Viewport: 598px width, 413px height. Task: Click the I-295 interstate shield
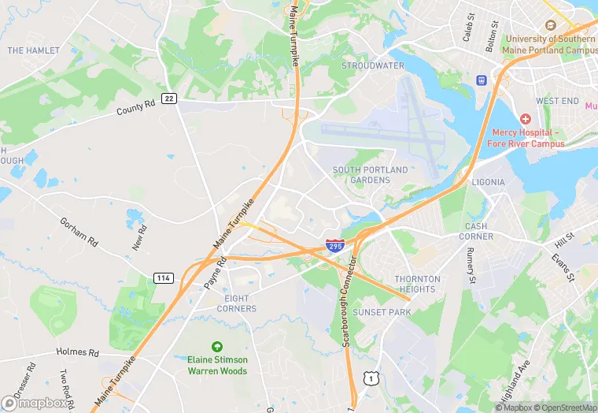(335, 246)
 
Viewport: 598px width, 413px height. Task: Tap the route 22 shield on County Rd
(169, 98)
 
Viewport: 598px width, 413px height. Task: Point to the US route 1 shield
(369, 379)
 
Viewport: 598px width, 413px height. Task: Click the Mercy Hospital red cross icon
(526, 118)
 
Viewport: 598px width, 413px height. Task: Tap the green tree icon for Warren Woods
(216, 346)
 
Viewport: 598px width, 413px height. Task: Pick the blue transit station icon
(481, 80)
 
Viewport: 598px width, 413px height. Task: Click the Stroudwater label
(372, 65)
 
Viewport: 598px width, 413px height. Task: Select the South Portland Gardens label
(370, 175)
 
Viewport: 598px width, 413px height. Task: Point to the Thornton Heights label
(417, 284)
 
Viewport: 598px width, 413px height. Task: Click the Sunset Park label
(382, 312)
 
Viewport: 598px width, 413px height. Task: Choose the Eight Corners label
(236, 303)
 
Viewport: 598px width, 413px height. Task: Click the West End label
(557, 101)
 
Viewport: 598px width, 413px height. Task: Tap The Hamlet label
(33, 50)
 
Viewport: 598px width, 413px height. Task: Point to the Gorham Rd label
(79, 233)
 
